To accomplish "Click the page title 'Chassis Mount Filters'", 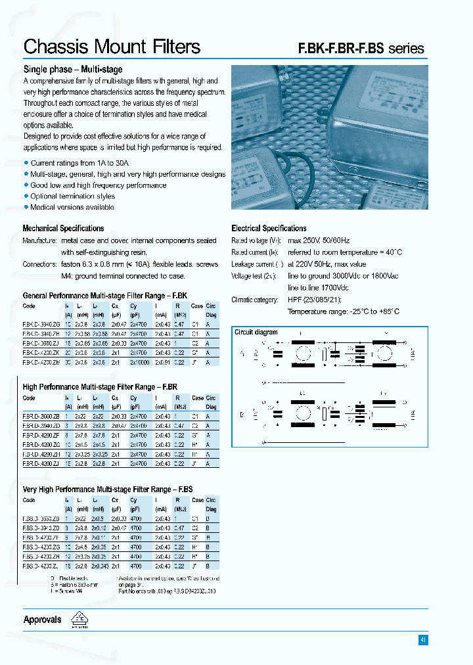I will pyautogui.click(x=112, y=47).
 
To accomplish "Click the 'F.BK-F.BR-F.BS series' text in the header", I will pyautogui.click(x=361, y=49).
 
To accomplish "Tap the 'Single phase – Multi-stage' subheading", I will pyautogui.click(x=72, y=69).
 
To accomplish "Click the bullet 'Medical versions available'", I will pyautogui.click(x=72, y=207).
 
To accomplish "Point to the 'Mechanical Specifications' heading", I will pyautogui.click(x=63, y=229).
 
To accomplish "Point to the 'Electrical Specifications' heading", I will pyautogui.click(x=269, y=229).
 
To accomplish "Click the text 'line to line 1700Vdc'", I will pyautogui.click(x=318, y=288).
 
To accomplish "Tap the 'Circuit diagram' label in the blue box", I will pyautogui.click(x=256, y=332).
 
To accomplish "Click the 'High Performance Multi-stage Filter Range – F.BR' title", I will pyautogui.click(x=100, y=387).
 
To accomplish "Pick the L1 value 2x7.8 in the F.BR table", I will pyautogui.click(x=80, y=435).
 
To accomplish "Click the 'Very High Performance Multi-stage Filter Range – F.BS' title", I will pyautogui.click(x=108, y=490).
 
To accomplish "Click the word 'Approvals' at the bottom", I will pyautogui.click(x=42, y=620).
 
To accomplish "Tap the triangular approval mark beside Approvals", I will pyautogui.click(x=80, y=620).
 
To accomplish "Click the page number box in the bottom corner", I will pyautogui.click(x=422, y=639).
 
